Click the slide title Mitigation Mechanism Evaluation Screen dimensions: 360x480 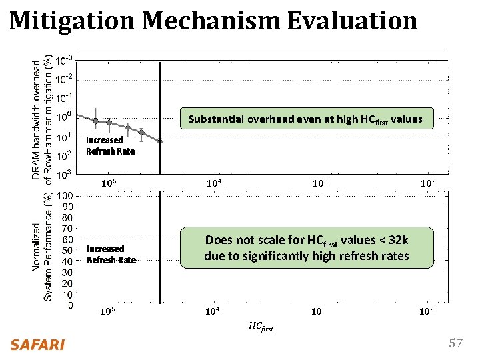click(213, 21)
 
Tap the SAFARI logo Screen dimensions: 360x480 click(37, 345)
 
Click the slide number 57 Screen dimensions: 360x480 click(455, 344)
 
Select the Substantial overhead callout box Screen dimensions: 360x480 click(305, 119)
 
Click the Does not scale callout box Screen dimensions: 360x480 click(307, 247)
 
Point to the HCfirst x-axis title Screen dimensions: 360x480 click(261, 326)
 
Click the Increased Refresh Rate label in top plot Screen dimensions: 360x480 click(110, 145)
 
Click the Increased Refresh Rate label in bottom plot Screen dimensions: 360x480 click(111, 254)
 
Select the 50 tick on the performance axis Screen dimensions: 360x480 click(67, 251)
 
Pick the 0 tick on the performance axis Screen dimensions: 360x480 click(69, 306)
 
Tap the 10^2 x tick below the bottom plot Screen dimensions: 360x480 click(427, 311)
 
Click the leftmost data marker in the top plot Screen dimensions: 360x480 click(97, 121)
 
